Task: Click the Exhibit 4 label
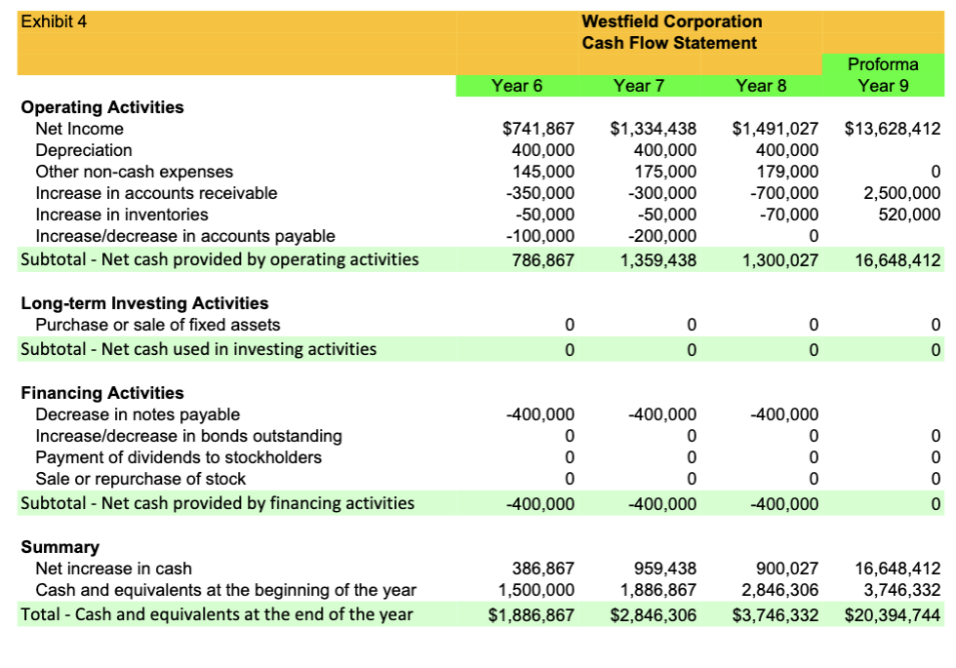(54, 21)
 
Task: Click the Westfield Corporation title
(671, 21)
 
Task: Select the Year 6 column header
(517, 86)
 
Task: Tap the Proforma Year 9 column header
(882, 75)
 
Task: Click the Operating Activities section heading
(102, 107)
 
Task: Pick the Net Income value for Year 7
(653, 129)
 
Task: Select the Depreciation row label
(84, 150)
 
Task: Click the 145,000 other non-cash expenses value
(543, 172)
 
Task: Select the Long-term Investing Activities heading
(144, 303)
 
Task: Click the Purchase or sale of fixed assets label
(158, 325)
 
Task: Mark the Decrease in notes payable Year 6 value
(541, 414)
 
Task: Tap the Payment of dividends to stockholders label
(179, 457)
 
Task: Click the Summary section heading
(60, 547)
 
